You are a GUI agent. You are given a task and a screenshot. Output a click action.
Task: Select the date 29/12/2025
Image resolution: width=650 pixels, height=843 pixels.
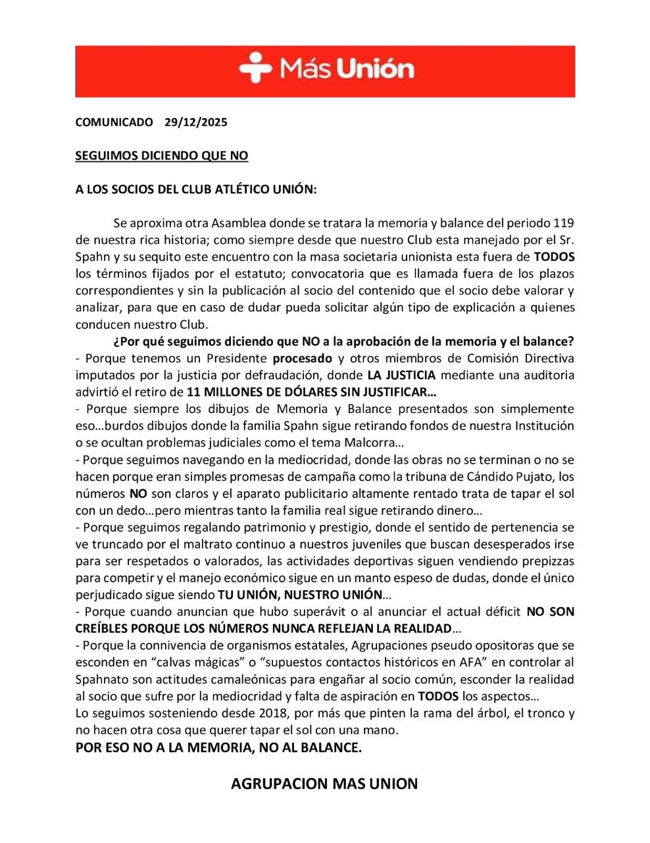click(195, 122)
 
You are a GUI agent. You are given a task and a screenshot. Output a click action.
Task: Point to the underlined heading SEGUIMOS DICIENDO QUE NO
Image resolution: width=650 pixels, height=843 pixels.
click(162, 156)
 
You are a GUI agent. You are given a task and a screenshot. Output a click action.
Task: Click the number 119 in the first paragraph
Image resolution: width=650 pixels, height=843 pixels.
click(564, 223)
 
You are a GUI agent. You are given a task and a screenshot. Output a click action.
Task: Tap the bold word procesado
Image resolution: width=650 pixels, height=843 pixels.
click(303, 358)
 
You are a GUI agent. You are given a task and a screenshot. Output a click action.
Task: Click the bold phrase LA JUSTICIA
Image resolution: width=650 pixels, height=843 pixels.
click(401, 375)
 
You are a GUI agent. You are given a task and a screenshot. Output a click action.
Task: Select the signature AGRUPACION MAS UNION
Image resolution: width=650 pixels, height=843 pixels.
click(324, 784)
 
